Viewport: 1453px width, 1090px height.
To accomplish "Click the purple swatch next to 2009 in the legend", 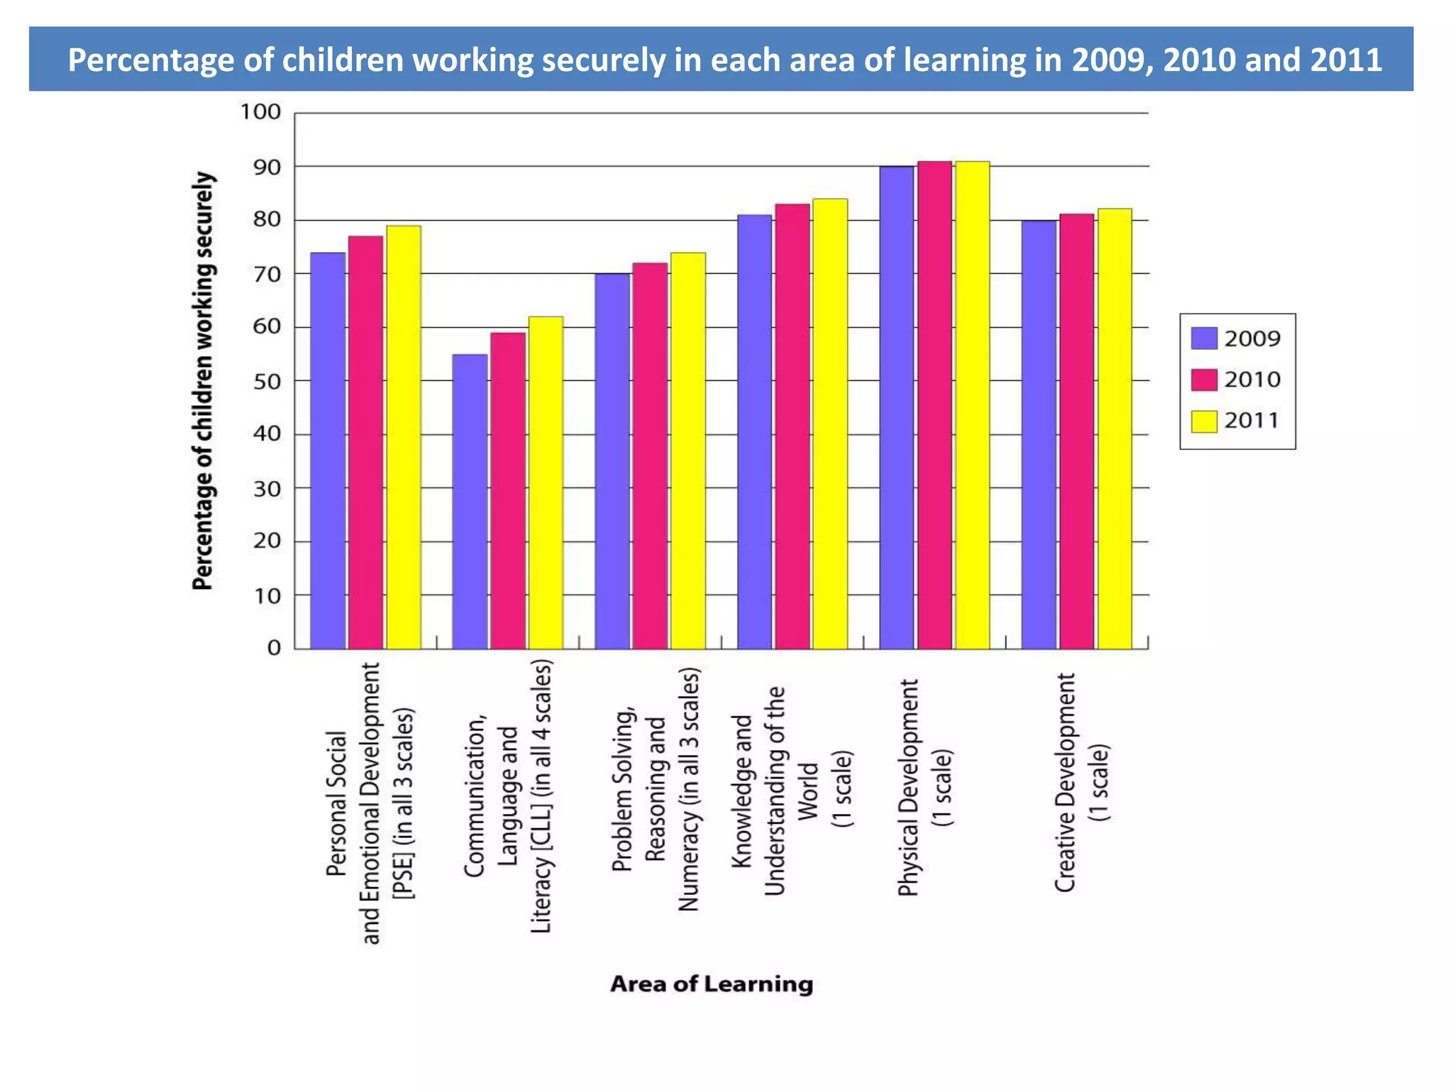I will coord(1203,338).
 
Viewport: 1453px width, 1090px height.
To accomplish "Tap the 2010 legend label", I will coord(1252,380).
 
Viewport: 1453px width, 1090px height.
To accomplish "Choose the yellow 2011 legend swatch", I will coord(1203,421).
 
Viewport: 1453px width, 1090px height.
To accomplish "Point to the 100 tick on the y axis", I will coord(260,112).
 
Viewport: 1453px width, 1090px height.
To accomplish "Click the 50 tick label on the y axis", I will coord(267,381).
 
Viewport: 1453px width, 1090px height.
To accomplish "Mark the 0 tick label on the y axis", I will coord(274,648).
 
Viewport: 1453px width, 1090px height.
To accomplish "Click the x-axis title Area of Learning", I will coord(712,984).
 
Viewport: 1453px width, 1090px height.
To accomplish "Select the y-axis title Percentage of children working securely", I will coord(203,380).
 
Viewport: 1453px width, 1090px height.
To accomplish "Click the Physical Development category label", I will coord(924,788).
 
